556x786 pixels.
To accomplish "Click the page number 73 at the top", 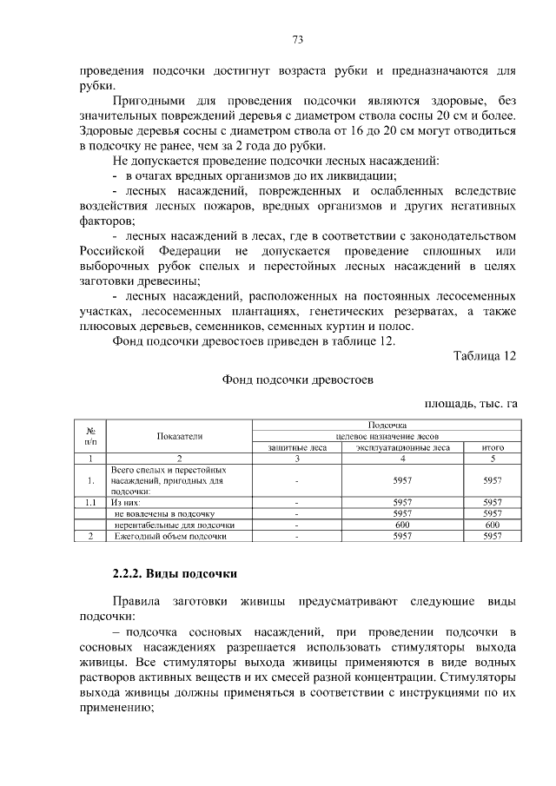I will (297, 40).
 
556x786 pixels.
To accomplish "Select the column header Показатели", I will (180, 436).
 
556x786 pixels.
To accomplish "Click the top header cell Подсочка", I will (387, 425).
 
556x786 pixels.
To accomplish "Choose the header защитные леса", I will (297, 447).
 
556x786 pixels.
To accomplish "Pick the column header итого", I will (493, 447).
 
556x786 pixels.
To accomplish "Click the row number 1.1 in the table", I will (90, 502).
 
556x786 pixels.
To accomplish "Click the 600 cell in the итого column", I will (493, 525).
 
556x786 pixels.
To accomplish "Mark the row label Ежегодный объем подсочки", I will (171, 536).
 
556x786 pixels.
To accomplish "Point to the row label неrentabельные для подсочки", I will (175, 525).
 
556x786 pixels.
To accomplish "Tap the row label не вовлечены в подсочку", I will (165, 513).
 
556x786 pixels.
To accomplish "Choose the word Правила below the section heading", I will (140, 601).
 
